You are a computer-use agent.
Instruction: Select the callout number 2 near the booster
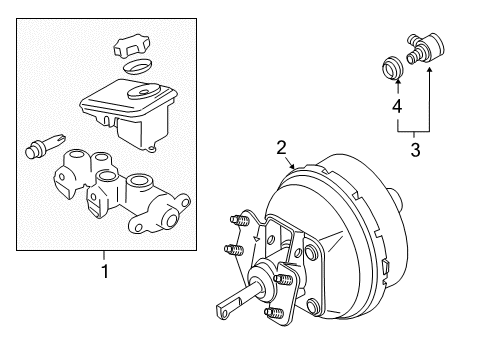[x=282, y=148]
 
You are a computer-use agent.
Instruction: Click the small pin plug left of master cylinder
[x=39, y=149]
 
